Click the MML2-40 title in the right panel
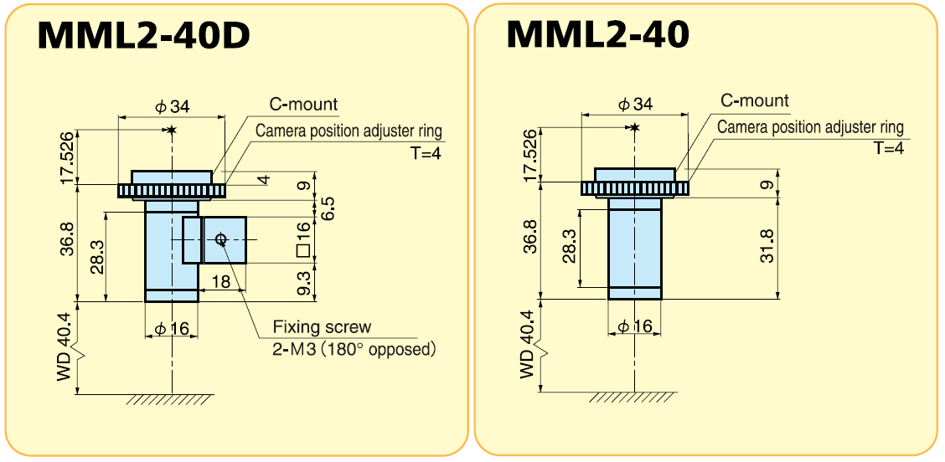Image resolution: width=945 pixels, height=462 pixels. click(597, 34)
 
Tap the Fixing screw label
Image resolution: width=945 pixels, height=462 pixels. click(322, 327)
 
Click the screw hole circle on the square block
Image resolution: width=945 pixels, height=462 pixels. click(220, 239)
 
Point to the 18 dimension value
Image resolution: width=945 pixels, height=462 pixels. click(220, 282)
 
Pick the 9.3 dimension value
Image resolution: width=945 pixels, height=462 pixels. click(304, 281)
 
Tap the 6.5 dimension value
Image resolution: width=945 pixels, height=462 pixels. click(328, 208)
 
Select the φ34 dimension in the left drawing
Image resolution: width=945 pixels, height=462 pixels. click(173, 107)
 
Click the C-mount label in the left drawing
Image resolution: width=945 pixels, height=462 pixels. click(303, 105)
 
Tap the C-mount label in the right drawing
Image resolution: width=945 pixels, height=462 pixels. click(755, 101)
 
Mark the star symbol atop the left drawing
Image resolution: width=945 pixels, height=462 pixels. click(172, 130)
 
